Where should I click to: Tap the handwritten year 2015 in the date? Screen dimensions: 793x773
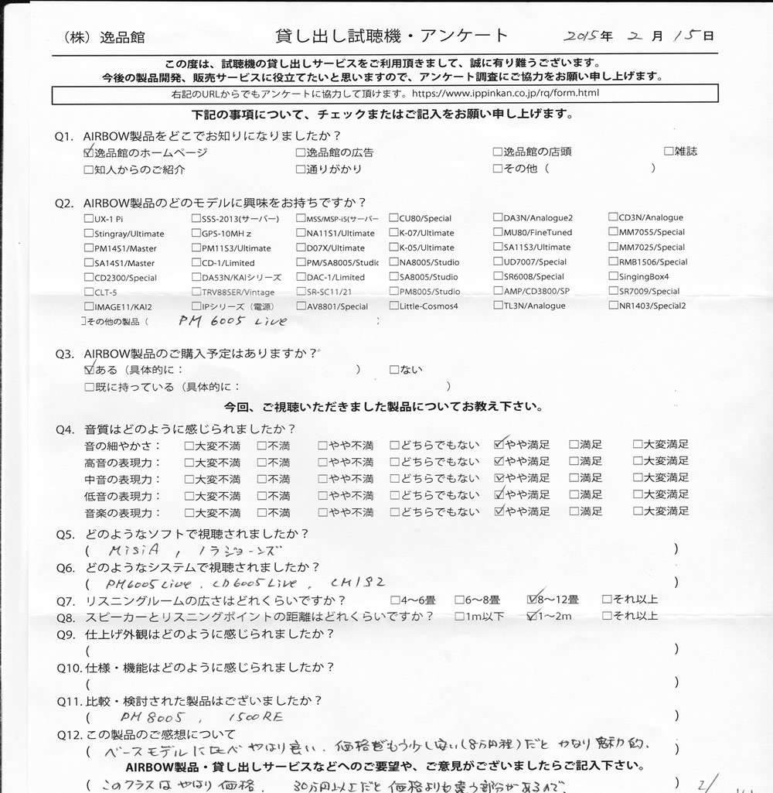click(x=582, y=36)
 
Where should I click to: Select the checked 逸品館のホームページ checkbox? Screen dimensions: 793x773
click(x=89, y=152)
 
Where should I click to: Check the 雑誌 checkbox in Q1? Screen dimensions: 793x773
click(x=669, y=152)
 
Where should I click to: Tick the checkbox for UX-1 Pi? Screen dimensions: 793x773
click(x=89, y=219)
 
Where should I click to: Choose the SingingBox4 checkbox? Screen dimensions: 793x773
click(x=613, y=277)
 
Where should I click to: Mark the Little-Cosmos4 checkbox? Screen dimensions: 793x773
click(x=393, y=306)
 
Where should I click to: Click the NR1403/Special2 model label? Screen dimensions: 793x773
click(x=652, y=306)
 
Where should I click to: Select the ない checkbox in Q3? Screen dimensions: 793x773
click(x=394, y=370)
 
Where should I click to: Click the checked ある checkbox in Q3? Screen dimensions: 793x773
click(x=89, y=370)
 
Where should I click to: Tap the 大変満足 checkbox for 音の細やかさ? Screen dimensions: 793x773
click(x=638, y=445)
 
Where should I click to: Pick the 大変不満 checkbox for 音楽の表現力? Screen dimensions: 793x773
click(x=189, y=512)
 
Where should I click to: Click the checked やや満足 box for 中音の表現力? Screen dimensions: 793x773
click(x=499, y=478)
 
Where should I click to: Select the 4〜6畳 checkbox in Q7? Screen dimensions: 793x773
click(x=395, y=599)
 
